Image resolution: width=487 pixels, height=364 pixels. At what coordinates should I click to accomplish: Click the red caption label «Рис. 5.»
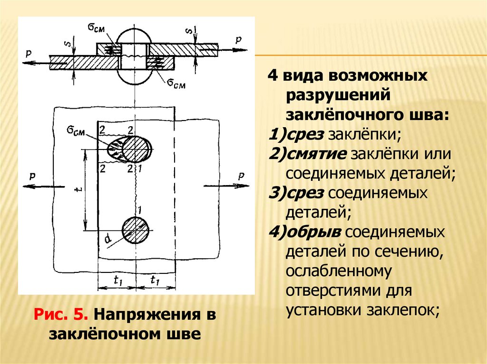[x=61, y=314]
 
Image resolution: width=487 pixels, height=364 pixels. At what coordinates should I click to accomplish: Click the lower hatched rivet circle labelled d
[x=136, y=230]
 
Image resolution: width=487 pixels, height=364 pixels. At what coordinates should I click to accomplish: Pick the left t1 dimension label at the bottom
[x=118, y=280]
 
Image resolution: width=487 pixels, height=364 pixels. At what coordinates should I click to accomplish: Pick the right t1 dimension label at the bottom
[x=155, y=280]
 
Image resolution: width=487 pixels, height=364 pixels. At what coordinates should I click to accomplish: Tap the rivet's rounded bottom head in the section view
[x=135, y=78]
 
